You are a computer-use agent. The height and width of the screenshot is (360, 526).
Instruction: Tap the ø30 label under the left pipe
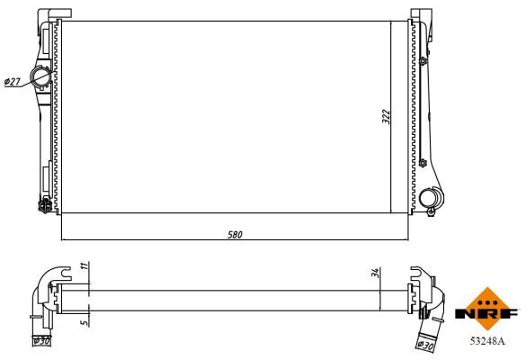click(41, 341)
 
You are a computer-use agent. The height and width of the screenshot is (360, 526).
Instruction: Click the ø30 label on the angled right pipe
click(426, 344)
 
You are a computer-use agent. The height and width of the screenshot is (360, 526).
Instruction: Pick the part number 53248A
click(488, 341)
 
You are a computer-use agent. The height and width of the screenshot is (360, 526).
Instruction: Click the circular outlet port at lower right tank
click(430, 197)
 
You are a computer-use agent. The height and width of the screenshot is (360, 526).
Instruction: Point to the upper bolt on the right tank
click(423, 61)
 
